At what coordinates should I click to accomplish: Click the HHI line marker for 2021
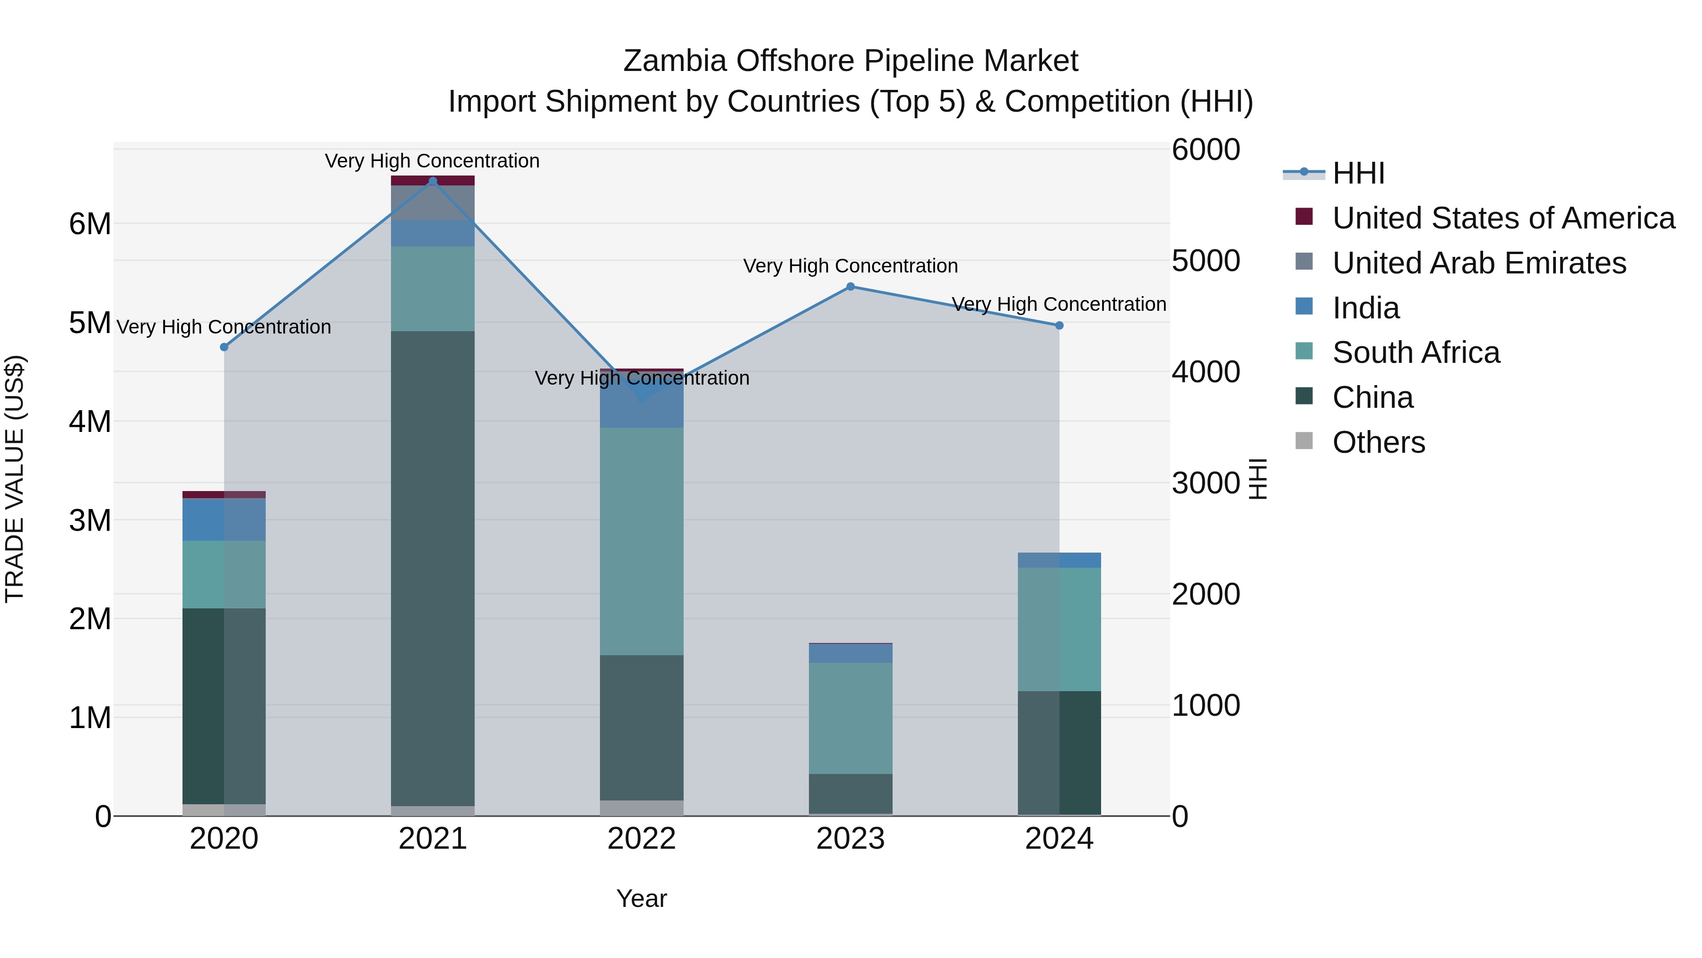tap(433, 181)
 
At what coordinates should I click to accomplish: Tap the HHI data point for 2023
tap(851, 286)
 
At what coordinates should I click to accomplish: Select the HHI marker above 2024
tap(1059, 325)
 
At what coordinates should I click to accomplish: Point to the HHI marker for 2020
tap(224, 347)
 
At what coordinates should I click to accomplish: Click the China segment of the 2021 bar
tap(433, 569)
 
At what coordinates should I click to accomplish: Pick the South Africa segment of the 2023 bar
tap(851, 718)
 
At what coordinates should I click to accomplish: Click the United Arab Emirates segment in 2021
tap(433, 202)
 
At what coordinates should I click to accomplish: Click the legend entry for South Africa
tap(1416, 352)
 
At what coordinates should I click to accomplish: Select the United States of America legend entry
tap(1503, 218)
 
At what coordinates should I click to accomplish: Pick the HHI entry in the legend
tap(1358, 173)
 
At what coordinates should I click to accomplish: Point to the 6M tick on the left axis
tap(90, 224)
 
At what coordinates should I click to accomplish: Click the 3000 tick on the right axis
tap(1206, 483)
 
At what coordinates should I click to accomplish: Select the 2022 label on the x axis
tap(642, 839)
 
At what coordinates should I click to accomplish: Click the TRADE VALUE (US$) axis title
tap(15, 479)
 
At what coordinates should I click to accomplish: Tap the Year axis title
tap(642, 898)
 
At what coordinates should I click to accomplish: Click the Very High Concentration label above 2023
tap(851, 266)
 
